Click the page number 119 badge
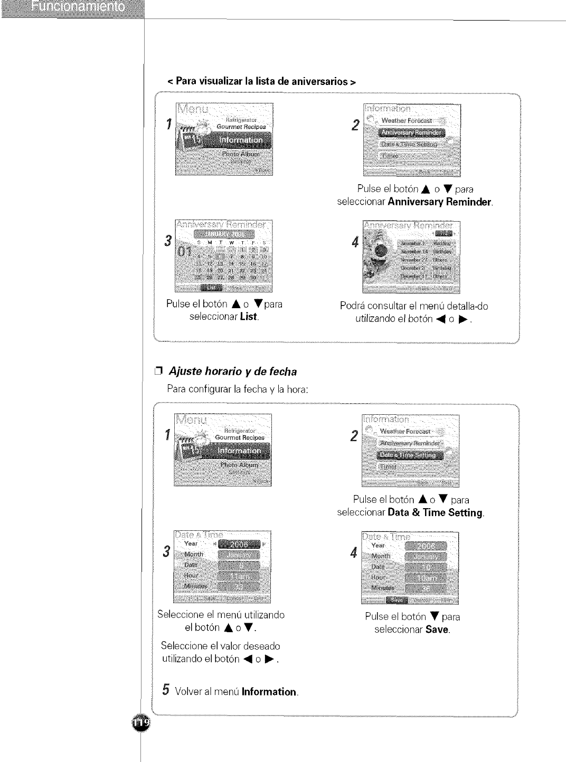(x=141, y=722)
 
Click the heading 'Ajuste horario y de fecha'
(x=232, y=372)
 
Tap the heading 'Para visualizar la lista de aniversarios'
(x=262, y=82)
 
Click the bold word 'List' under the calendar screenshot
(x=248, y=317)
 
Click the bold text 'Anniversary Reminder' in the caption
(x=440, y=202)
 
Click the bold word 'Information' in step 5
(x=269, y=692)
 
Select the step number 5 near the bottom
(x=166, y=690)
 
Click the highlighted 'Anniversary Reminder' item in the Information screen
(x=412, y=132)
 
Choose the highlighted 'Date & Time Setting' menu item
(x=410, y=455)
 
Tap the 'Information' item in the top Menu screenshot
(x=240, y=140)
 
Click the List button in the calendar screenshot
(x=212, y=288)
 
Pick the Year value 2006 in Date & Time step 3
(x=240, y=545)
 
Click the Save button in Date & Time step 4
(x=397, y=600)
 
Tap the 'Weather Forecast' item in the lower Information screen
(x=405, y=432)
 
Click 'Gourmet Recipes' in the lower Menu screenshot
(x=240, y=437)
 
